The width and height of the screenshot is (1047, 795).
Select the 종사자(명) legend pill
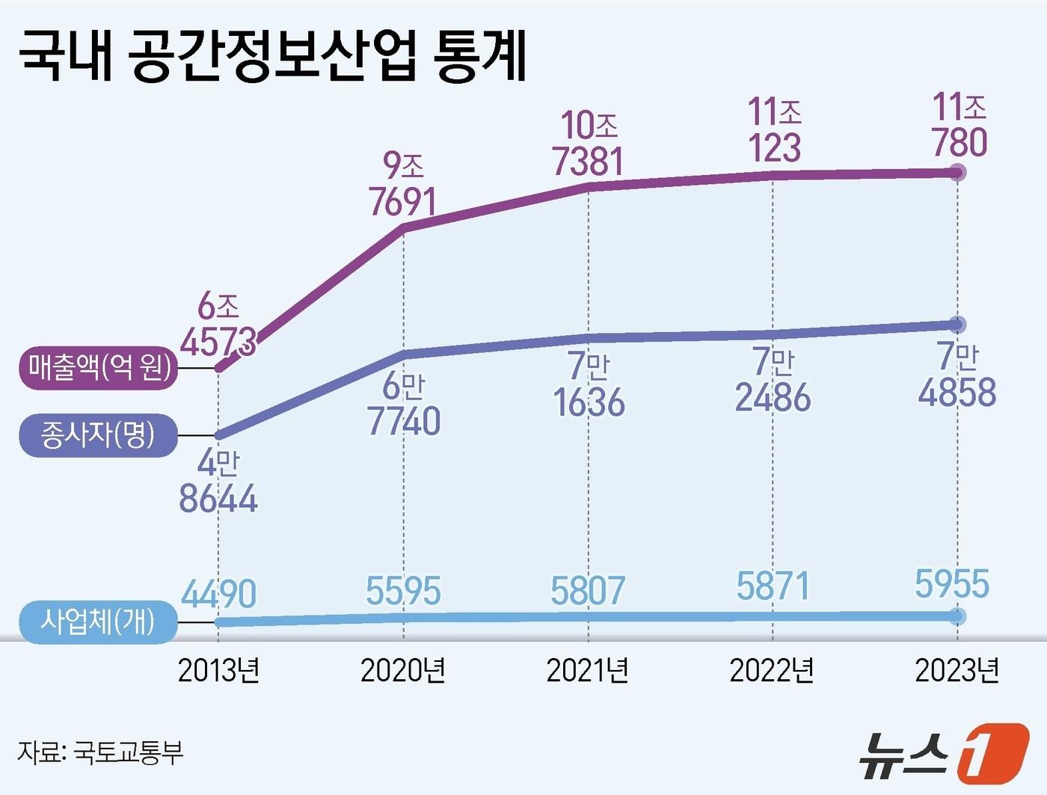[99, 435]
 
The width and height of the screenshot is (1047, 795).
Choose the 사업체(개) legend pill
[99, 621]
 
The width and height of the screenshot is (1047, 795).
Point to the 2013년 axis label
[218, 671]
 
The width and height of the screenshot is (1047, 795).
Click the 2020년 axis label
[403, 671]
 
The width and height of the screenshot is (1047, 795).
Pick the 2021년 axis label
[588, 671]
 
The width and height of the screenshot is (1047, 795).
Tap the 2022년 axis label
[772, 671]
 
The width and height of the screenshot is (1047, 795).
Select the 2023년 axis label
[957, 671]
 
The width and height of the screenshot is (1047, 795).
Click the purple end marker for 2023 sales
[957, 173]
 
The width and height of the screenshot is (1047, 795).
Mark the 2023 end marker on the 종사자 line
[957, 325]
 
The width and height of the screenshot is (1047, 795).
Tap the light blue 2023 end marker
[957, 616]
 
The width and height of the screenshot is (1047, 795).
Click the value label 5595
[403, 592]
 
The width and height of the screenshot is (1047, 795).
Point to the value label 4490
[219, 595]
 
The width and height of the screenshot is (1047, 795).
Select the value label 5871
[773, 586]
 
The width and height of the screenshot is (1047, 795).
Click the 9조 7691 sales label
[403, 185]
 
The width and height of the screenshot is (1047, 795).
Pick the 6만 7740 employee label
[404, 405]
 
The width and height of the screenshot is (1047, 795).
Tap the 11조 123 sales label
[775, 130]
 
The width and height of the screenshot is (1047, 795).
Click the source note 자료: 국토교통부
[100, 752]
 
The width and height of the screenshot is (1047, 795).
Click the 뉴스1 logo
[944, 752]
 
